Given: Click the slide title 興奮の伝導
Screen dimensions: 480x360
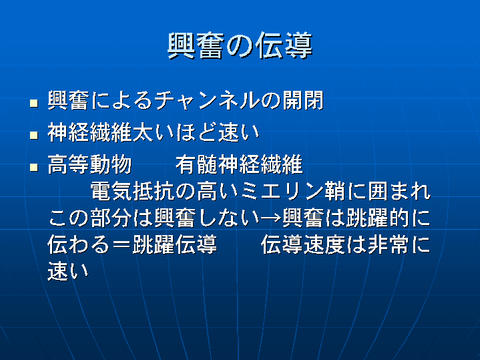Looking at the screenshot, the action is click(240, 46).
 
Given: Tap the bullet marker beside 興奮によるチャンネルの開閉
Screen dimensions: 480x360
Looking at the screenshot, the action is click(34, 103).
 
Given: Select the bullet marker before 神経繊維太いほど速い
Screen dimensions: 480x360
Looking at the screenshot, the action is click(34, 135).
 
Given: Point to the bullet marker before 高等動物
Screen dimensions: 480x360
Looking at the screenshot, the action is click(34, 167).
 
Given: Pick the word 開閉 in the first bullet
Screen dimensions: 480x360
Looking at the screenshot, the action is click(303, 100).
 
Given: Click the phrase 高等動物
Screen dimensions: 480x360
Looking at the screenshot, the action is click(89, 164).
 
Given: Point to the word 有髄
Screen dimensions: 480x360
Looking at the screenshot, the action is click(197, 164).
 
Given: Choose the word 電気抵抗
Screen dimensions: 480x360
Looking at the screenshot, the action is click(133, 191).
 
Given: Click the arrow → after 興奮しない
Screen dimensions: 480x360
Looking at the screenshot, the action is click(270, 218).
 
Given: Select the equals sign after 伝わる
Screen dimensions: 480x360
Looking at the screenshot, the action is click(122, 245).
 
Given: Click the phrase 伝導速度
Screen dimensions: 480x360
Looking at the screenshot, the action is click(303, 244).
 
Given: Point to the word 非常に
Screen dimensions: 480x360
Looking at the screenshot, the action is click(399, 244).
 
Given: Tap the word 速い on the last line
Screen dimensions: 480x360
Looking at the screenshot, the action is click(68, 271).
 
